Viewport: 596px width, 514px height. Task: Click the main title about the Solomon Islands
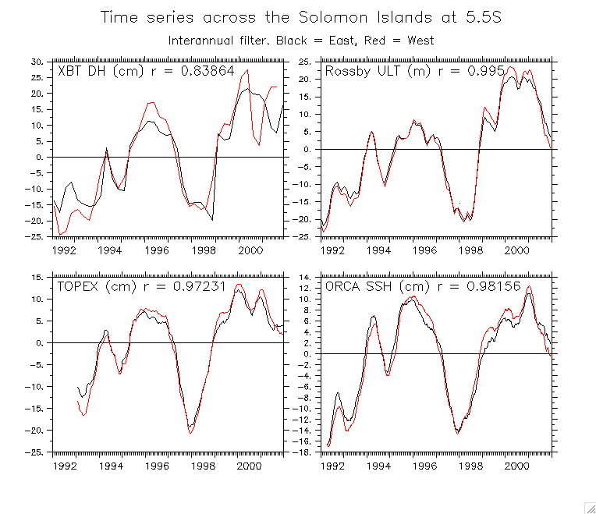[x=301, y=16]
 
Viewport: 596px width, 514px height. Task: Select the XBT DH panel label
[x=139, y=72]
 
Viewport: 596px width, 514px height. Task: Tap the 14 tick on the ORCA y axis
[x=305, y=277]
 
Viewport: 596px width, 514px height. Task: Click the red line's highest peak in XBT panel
[x=247, y=70]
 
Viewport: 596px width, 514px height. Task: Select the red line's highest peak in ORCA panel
[x=530, y=286]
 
